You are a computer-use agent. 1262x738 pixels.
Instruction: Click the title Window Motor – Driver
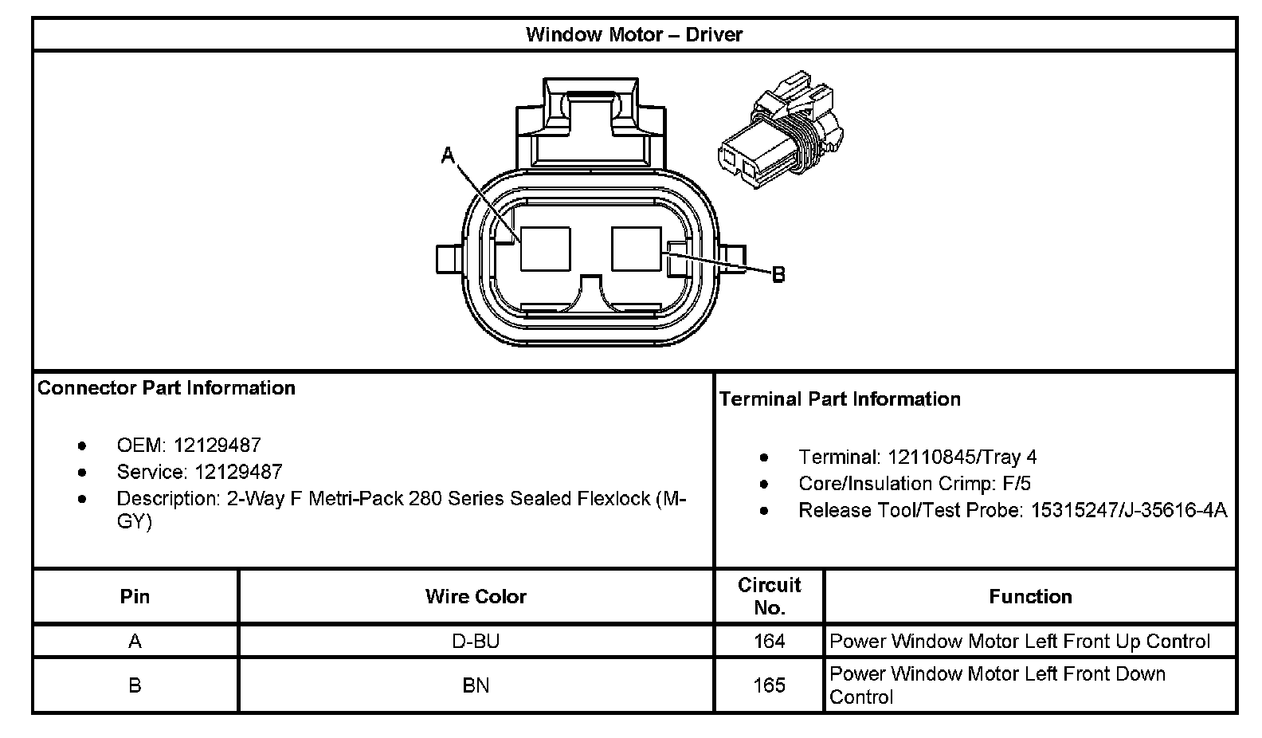[x=634, y=35]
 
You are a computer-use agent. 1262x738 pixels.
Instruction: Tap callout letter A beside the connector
[x=448, y=155]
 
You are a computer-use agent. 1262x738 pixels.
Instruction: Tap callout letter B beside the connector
[x=778, y=275]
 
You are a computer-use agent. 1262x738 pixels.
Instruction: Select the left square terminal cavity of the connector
[x=546, y=249]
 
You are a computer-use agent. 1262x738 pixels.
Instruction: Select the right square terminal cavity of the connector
[x=636, y=249]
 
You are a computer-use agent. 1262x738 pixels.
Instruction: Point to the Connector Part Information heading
[x=167, y=388]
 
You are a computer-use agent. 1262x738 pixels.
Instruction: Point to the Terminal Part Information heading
[x=840, y=399]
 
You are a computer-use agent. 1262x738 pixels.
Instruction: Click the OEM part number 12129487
[x=217, y=446]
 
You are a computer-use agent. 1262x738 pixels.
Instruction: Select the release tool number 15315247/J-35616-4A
[x=1128, y=511]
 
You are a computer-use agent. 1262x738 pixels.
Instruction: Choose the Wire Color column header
[x=476, y=597]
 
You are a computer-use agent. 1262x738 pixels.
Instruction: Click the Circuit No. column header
[x=769, y=596]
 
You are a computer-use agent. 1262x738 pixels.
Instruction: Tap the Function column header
[x=1030, y=597]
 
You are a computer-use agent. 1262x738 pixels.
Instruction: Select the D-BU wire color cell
[x=476, y=642]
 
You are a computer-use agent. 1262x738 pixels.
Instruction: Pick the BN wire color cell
[x=476, y=685]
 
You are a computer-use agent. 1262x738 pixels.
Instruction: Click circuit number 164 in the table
[x=769, y=642]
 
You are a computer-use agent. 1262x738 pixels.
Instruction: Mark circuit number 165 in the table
[x=769, y=685]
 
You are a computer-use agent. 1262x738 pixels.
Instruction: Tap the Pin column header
[x=135, y=597]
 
